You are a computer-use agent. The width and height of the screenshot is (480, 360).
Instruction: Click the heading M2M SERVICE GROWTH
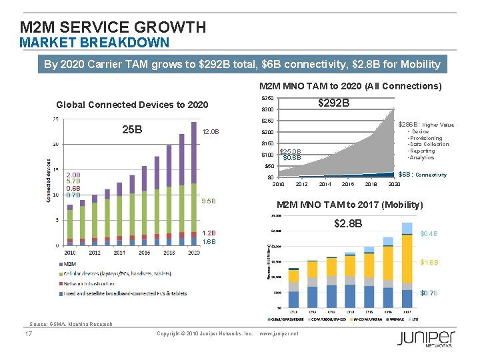pos(113,27)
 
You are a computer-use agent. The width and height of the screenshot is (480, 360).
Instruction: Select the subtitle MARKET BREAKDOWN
pos(94,43)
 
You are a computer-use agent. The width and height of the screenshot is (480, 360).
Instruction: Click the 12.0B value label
pos(211,132)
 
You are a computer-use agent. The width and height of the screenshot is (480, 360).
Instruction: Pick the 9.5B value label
pos(209,201)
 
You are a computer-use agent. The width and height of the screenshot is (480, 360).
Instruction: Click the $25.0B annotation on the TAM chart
pos(291,151)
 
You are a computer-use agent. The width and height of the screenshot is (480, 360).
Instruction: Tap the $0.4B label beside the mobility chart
pos(429,234)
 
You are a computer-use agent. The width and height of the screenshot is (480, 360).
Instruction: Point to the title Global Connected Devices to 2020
pos(132,105)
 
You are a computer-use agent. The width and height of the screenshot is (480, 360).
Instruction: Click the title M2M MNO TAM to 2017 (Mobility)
pos(349,205)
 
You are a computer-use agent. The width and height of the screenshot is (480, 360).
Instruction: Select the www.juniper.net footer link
pos(278,333)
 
